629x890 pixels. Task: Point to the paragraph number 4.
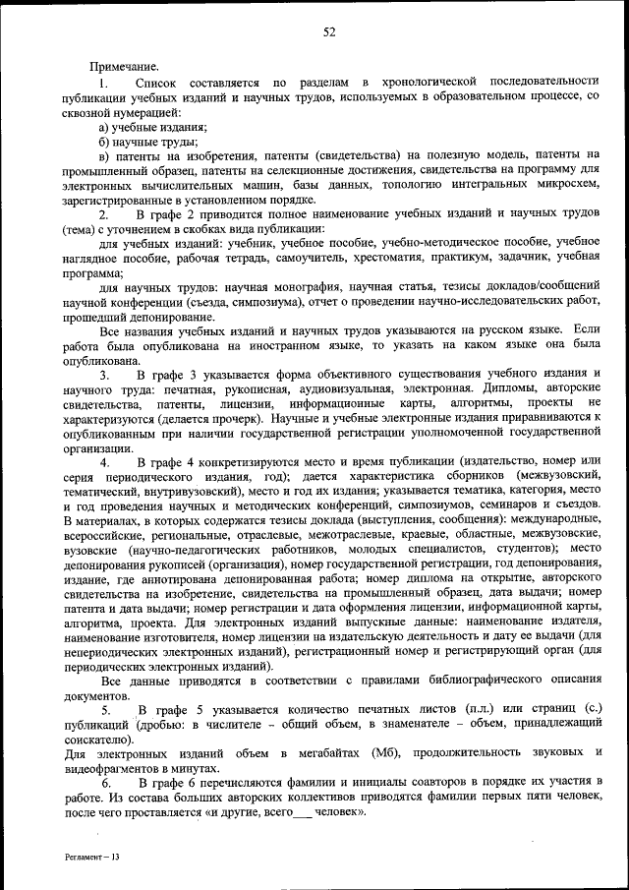[x=105, y=461]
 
